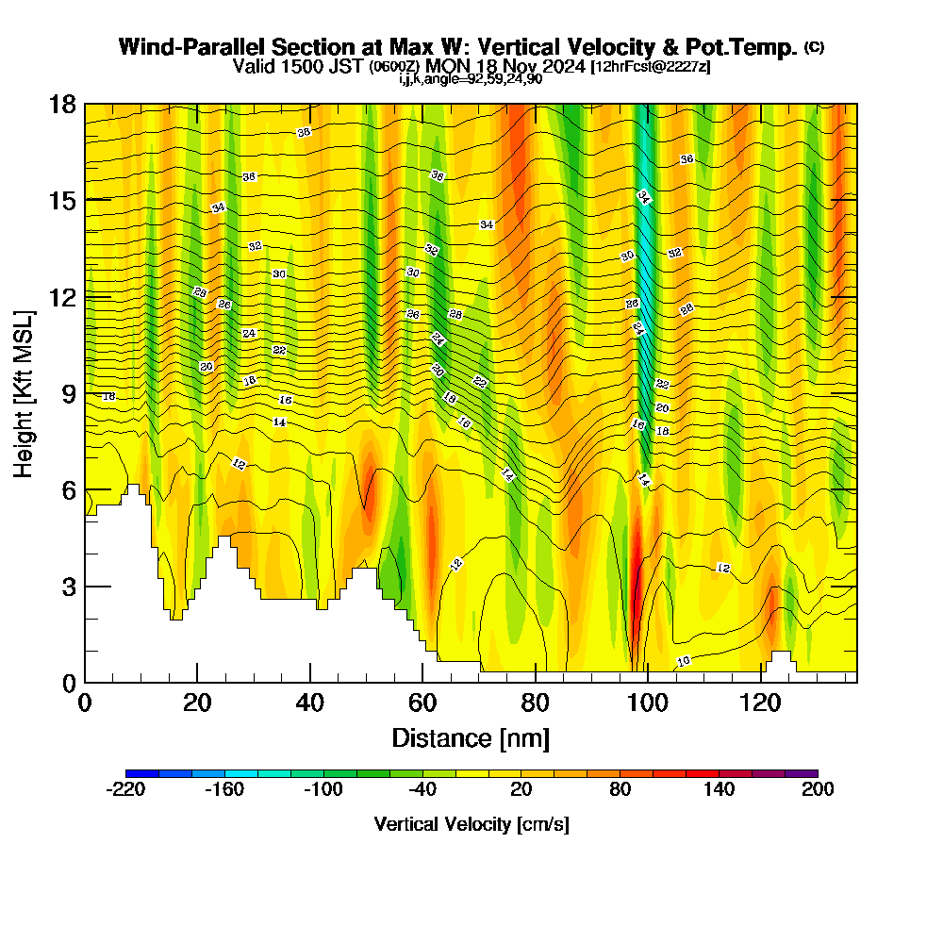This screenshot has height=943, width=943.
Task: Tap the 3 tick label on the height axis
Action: point(68,587)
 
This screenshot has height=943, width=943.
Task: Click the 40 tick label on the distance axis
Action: point(310,703)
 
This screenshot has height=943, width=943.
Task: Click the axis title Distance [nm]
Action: point(471,737)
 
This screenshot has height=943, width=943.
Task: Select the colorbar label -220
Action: point(125,789)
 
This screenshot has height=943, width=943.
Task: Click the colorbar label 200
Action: point(818,789)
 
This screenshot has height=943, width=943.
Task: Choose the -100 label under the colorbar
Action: point(323,789)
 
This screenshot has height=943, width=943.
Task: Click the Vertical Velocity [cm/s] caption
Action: point(471,825)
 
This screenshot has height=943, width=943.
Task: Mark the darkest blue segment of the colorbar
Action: point(142,773)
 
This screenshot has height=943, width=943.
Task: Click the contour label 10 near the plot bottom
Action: point(684,661)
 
